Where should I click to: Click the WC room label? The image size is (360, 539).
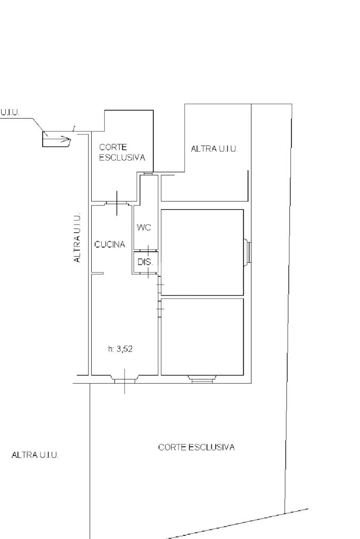tap(144, 228)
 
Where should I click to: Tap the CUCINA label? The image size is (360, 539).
tap(110, 244)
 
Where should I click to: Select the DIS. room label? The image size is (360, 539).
tap(145, 262)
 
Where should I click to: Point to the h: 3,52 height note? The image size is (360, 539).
tap(120, 349)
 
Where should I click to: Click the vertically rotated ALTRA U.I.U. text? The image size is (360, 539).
tap(77, 238)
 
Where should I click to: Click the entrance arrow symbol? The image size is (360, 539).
tap(56, 139)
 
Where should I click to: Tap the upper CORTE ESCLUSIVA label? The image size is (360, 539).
tap(122, 152)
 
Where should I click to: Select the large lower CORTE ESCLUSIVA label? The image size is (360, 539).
tap(196, 447)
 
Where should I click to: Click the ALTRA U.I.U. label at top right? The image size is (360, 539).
tap(214, 149)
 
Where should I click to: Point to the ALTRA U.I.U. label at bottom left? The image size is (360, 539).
tap(35, 455)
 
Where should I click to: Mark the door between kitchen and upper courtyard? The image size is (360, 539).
tap(117, 203)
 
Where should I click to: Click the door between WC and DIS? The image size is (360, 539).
tap(148, 250)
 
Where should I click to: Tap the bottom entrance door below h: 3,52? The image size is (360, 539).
tap(124, 379)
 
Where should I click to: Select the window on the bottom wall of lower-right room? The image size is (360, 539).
tap(202, 379)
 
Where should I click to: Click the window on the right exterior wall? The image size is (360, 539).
tap(248, 252)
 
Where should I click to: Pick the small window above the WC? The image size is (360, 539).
tap(148, 173)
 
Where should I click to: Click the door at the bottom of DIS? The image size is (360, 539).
tap(148, 273)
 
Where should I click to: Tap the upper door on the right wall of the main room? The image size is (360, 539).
tap(160, 285)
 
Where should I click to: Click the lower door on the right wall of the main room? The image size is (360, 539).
tap(160, 309)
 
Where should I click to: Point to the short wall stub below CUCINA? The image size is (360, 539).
tap(98, 273)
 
